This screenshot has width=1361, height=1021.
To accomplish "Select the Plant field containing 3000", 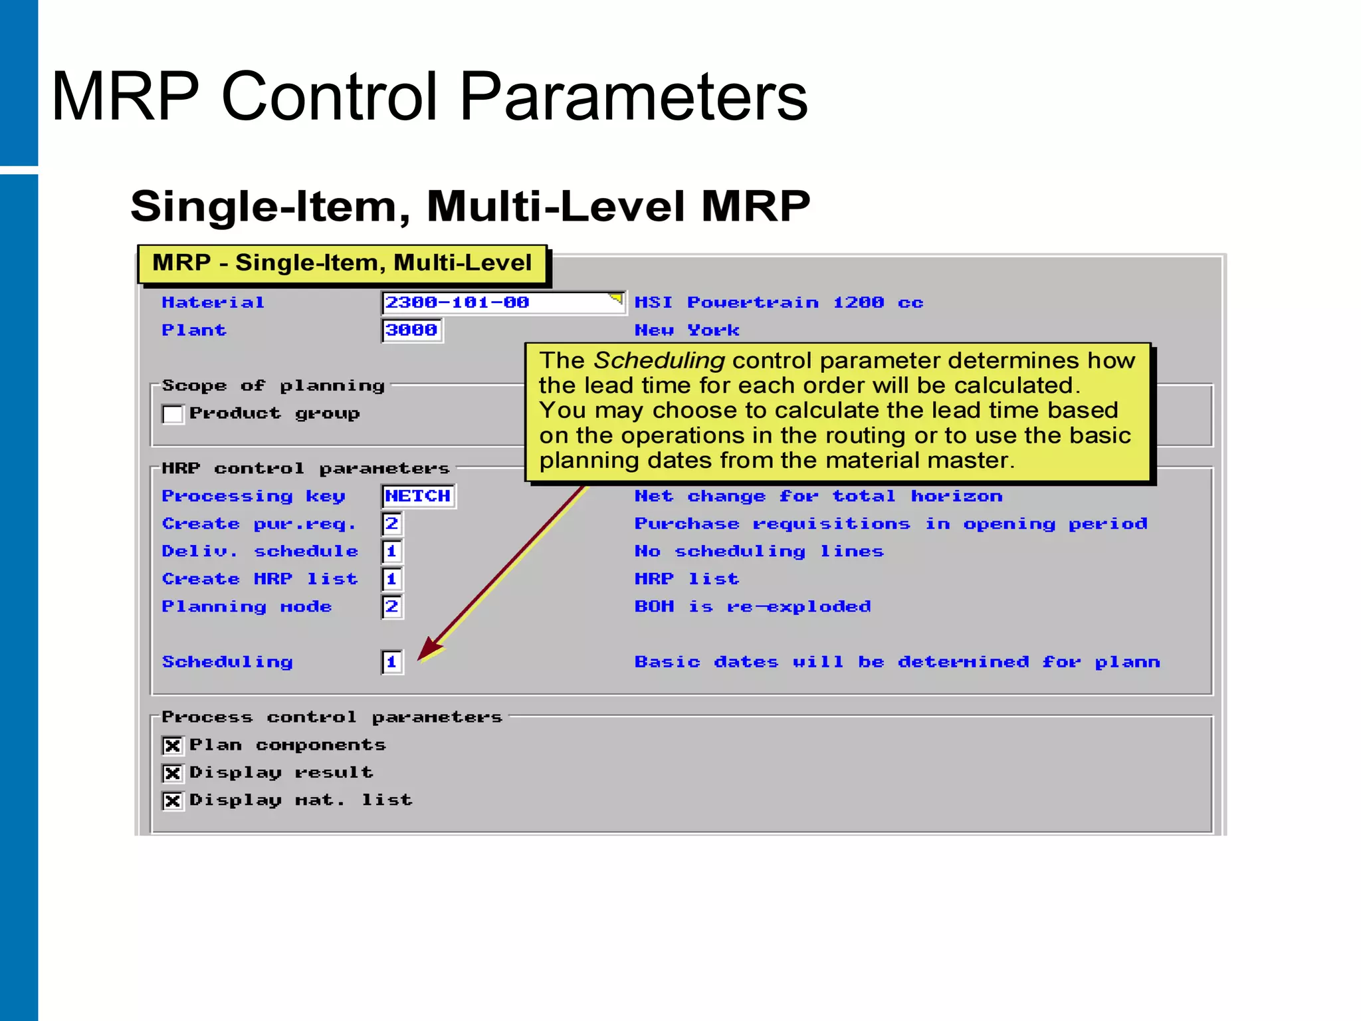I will (x=411, y=330).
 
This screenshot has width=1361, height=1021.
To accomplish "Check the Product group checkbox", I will (x=173, y=414).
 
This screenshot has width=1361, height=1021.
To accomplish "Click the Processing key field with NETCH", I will (x=418, y=496).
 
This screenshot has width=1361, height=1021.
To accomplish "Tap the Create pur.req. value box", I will (x=392, y=524).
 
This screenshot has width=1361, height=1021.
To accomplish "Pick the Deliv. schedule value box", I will (x=392, y=551).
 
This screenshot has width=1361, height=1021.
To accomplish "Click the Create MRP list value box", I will (x=392, y=579).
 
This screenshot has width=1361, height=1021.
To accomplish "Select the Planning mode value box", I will (x=392, y=607).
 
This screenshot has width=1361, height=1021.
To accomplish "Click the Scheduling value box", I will (x=392, y=662).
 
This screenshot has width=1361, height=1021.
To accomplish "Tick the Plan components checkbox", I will (x=173, y=746).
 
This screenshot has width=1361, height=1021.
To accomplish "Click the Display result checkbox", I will (x=173, y=773).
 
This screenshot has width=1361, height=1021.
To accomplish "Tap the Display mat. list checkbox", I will (x=173, y=801).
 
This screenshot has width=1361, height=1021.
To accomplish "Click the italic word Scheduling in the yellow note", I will (x=659, y=360).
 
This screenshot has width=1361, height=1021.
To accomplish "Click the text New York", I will (x=686, y=330).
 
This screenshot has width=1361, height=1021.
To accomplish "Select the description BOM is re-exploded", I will (x=752, y=607).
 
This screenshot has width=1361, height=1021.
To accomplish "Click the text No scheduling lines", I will (x=759, y=552).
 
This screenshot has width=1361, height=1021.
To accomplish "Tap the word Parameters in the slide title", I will (x=633, y=98).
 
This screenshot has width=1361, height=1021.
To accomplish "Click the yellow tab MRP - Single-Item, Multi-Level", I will (x=342, y=263).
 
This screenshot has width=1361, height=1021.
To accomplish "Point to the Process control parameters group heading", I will (x=332, y=717).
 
